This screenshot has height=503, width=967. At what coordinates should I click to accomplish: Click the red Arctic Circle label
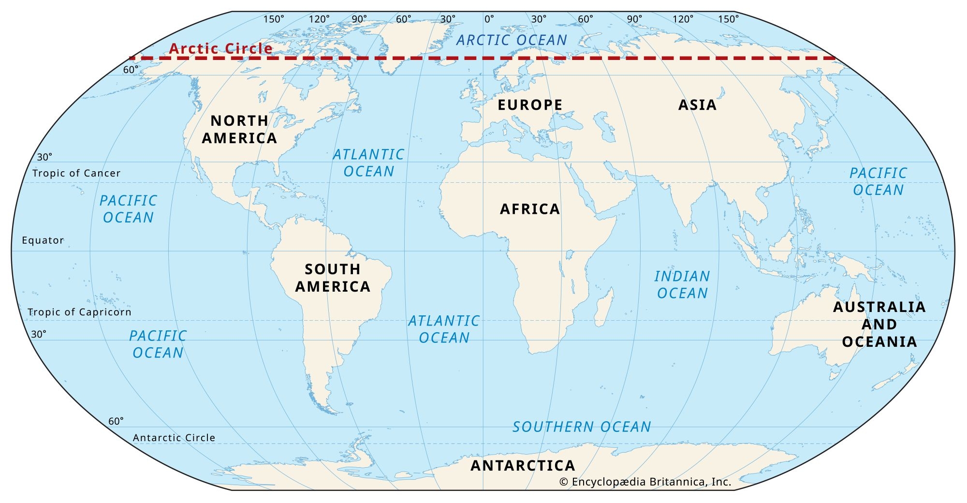coord(220,48)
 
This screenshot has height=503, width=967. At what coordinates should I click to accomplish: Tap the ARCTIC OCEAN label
coord(512,40)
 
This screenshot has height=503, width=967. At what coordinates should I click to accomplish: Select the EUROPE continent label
coord(530,105)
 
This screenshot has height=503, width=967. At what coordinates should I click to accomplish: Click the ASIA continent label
coord(697,105)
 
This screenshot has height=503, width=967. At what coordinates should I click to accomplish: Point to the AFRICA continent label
coord(530,209)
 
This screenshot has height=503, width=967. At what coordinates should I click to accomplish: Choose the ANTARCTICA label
coord(523,466)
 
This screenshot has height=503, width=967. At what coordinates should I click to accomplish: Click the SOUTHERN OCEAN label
coord(582,427)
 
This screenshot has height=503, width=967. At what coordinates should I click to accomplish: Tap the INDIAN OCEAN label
coord(682,284)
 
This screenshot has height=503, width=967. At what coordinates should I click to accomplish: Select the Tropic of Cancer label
coord(76,173)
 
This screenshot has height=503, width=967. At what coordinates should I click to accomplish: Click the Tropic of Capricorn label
coord(79,312)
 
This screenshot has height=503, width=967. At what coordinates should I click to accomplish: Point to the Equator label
coord(43,240)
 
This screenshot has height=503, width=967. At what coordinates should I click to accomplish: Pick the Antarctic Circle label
coord(174,438)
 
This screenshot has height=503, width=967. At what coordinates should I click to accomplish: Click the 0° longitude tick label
coord(489,19)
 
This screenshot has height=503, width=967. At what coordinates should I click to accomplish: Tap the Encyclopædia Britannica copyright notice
coord(645,482)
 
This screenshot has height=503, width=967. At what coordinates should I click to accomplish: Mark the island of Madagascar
coord(603,308)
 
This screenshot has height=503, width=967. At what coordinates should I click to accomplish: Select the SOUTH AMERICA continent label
coord(333,278)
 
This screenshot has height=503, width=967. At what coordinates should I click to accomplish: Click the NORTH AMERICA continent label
coord(239,129)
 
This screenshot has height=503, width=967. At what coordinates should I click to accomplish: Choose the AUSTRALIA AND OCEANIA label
coord(879,324)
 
